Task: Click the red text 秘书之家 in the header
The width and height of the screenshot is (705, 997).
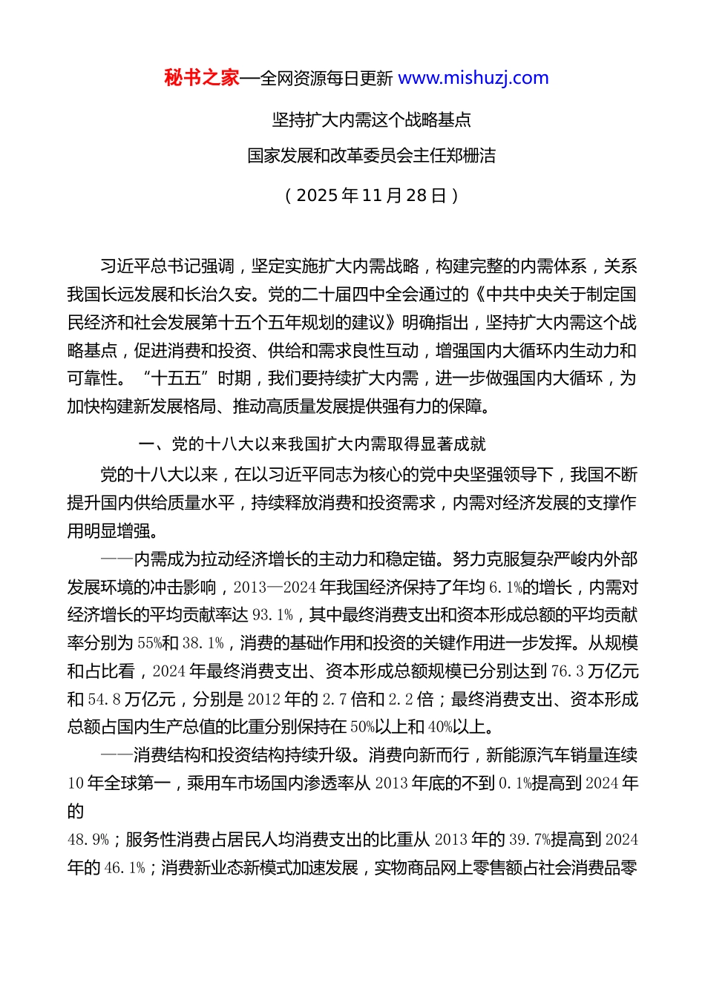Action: tap(202, 78)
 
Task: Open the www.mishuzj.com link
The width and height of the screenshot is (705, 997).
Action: tap(473, 78)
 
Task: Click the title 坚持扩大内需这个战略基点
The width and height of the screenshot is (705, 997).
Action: tap(371, 119)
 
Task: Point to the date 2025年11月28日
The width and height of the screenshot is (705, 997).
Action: tap(371, 195)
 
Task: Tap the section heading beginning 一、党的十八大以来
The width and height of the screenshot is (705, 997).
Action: tap(312, 444)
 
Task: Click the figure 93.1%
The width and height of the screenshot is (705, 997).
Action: tap(273, 615)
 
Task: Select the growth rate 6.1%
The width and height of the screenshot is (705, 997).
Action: tap(505, 588)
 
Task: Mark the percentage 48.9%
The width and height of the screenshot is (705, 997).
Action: tap(88, 840)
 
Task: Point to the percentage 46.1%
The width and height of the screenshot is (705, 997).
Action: tap(125, 868)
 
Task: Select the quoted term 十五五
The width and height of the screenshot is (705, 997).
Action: tap(176, 378)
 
